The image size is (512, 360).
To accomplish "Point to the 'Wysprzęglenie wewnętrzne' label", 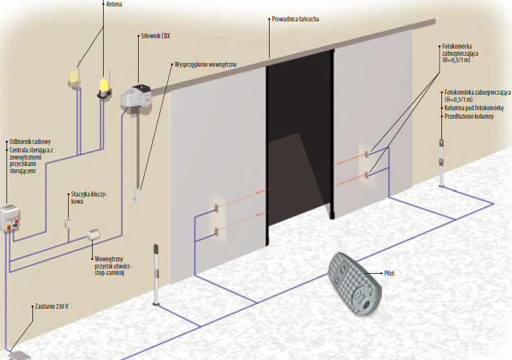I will (205, 65).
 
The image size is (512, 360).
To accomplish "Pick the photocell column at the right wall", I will (441, 162).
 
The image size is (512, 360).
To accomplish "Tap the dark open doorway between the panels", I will (299, 143).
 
